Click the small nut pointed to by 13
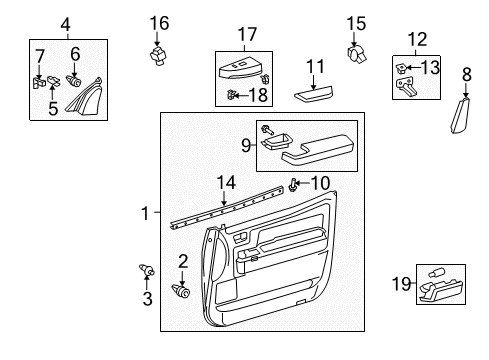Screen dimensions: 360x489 pos(399,68)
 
